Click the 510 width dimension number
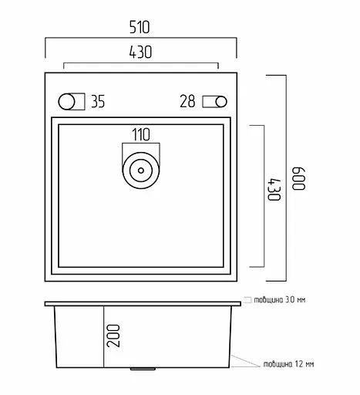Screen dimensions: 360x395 click(140, 27)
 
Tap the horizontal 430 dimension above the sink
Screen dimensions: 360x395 click(140, 52)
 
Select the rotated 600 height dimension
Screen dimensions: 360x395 click(298, 179)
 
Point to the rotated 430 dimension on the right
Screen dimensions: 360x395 click(274, 189)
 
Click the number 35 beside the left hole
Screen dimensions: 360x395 click(98, 101)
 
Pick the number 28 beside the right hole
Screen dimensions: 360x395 click(187, 101)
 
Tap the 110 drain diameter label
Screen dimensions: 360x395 click(141, 134)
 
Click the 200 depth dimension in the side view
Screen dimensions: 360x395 click(113, 336)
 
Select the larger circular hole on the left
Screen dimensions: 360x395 click(66, 102)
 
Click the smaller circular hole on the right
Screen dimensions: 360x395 click(221, 102)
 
